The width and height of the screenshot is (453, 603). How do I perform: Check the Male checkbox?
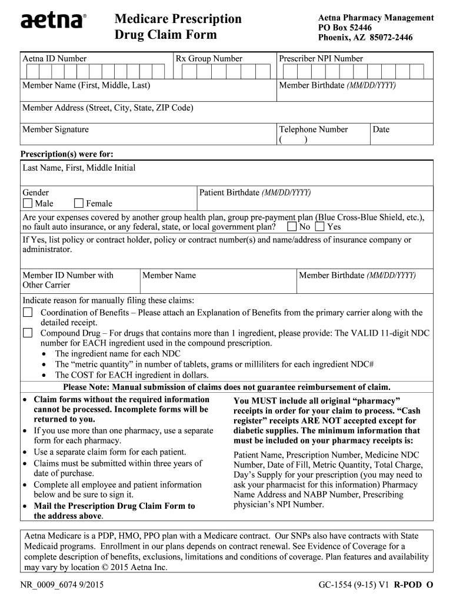pos(28,204)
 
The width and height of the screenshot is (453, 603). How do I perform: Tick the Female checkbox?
pos(79,204)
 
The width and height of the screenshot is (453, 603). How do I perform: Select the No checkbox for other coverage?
pos(292,227)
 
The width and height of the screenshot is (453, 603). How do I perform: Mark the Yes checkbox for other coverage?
pos(319,227)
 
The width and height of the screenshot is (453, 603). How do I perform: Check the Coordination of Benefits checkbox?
pos(28,312)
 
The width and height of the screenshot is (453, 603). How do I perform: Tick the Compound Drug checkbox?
pos(28,333)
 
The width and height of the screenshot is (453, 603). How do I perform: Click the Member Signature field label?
pos(55,130)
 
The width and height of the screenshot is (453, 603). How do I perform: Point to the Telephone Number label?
pos(313,130)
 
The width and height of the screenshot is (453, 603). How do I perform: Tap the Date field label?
pos(381,130)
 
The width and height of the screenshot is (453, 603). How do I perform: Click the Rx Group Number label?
pos(209,59)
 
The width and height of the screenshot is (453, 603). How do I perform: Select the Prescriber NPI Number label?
pos(321,59)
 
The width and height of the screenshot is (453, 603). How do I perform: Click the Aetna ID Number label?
pos(54,59)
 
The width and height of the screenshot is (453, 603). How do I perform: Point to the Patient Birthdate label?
pos(255,193)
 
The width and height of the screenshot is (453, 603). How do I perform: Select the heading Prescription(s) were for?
pos(67,154)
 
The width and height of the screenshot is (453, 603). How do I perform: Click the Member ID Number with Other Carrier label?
pos(68,280)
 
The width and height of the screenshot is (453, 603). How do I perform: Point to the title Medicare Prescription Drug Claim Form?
pos(178,27)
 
